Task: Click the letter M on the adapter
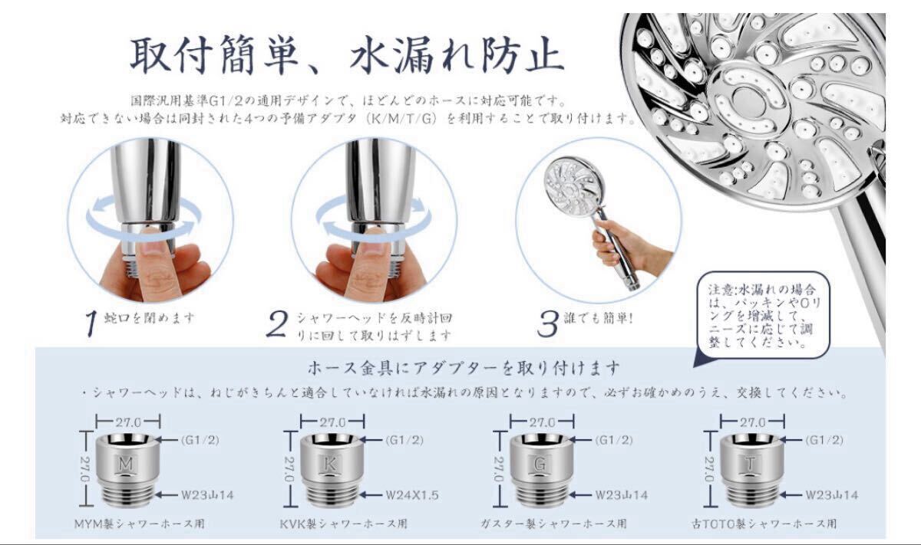[126, 464]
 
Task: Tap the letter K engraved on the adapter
[330, 464]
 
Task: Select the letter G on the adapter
[540, 464]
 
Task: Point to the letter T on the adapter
[750, 464]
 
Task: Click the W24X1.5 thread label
[412, 495]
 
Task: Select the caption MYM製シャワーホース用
[139, 524]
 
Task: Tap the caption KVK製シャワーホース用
[343, 524]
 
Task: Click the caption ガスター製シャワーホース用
[553, 524]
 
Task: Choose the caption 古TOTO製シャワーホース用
[764, 524]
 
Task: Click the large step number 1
[91, 323]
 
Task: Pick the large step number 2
[277, 323]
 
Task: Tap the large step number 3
[548, 323]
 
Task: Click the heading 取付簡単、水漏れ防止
[348, 54]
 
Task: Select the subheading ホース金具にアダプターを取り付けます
[464, 369]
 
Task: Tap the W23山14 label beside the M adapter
[207, 495]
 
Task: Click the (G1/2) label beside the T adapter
[824, 440]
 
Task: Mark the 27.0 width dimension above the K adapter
[332, 422]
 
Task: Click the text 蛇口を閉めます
[149, 318]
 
